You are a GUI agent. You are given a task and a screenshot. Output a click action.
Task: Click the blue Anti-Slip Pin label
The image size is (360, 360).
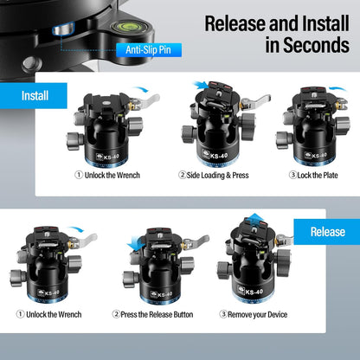(x=153, y=50)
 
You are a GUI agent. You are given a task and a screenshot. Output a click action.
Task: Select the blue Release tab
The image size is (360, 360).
(x=327, y=232)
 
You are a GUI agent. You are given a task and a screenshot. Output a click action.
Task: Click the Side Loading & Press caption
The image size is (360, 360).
(x=214, y=175)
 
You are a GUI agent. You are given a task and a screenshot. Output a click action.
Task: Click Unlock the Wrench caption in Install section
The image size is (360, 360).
(x=108, y=175)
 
